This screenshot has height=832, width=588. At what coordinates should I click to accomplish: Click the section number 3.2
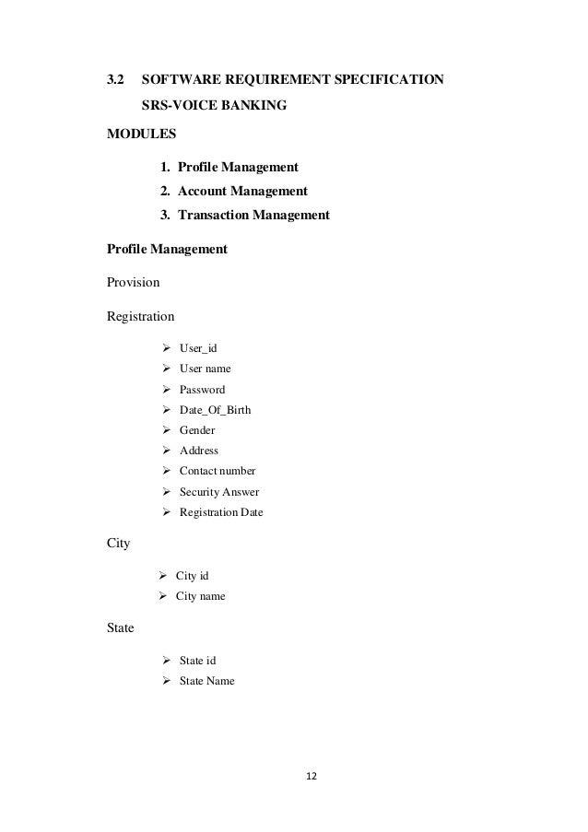pos(116,81)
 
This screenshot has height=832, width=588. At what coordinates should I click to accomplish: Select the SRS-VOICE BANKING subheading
pos(213,107)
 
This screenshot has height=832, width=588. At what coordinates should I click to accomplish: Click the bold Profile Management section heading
pos(167,249)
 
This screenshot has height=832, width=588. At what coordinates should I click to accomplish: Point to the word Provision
pos(134,283)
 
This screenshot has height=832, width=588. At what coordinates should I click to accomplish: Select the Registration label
pos(140,317)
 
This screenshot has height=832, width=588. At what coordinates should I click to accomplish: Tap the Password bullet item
pos(202,390)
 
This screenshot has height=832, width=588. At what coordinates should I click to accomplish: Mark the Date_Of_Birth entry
pos(214,410)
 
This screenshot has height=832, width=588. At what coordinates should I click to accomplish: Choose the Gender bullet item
pos(198,430)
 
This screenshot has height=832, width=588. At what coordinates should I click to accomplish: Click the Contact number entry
pos(218,471)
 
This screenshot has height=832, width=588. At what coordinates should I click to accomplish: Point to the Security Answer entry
pos(218,492)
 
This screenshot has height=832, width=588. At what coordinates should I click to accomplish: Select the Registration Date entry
pos(220,512)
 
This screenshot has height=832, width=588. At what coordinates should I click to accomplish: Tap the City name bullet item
pos(200,597)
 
